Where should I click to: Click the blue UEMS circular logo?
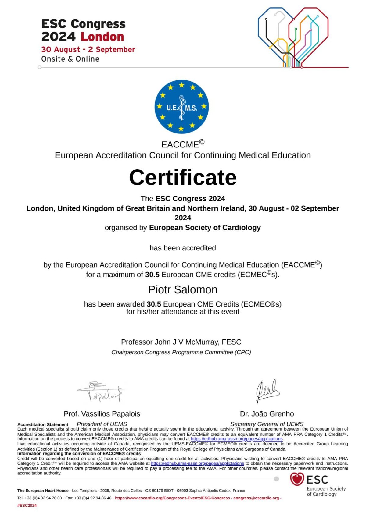tap(181, 107)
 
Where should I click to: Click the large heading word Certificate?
tap(183, 177)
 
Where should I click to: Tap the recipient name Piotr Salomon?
tap(183, 289)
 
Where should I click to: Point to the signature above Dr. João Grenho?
tap(267, 391)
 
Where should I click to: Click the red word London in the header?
tap(102, 37)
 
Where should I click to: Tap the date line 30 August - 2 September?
tap(88, 49)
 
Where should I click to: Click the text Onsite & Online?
tap(70, 59)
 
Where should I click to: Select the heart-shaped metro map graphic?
tap(293, 37)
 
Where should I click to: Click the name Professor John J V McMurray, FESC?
tap(181, 342)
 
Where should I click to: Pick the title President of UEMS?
tap(102, 424)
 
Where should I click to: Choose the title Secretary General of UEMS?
tap(267, 424)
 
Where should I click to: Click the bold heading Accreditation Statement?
tap(43, 424)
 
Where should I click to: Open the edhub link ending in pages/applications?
tap(237, 439)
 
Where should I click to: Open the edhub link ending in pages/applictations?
tap(197, 463)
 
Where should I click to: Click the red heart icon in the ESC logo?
tap(297, 479)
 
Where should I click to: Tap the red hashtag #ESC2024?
tap(27, 506)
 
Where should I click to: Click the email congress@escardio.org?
tap(256, 498)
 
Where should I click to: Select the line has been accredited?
tap(183, 248)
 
